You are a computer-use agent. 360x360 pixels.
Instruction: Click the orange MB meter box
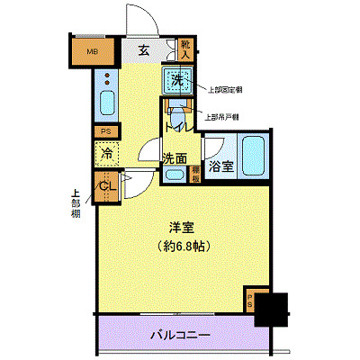(91, 51)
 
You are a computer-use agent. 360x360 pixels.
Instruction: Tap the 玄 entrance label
(144, 51)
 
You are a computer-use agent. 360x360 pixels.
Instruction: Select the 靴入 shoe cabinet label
(185, 49)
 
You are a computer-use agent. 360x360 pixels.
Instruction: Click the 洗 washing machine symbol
(177, 81)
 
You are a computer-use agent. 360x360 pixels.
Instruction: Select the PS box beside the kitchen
(105, 130)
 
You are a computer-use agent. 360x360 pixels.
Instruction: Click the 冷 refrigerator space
(106, 154)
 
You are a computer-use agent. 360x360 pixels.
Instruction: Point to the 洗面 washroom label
(175, 159)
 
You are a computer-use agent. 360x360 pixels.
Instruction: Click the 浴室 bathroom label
(220, 166)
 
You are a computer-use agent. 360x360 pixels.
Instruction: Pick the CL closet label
(106, 186)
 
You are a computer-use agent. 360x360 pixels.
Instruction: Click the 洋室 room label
(181, 228)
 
